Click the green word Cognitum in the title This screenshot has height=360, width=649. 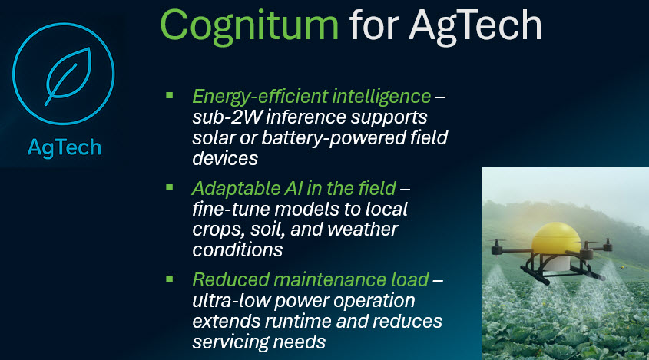tap(250, 26)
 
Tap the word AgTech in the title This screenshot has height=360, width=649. tap(475, 26)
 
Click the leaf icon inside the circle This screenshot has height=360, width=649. tap(68, 76)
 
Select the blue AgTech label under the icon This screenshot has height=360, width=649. tap(65, 147)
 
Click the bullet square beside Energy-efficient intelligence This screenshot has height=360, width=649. tap(169, 96)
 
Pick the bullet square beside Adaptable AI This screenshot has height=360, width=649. tap(169, 187)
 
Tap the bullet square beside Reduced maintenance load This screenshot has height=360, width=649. tap(169, 279)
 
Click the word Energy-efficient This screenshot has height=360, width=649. tap(260, 97)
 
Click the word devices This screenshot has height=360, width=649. tap(225, 158)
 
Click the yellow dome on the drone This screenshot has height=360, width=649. tap(556, 239)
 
